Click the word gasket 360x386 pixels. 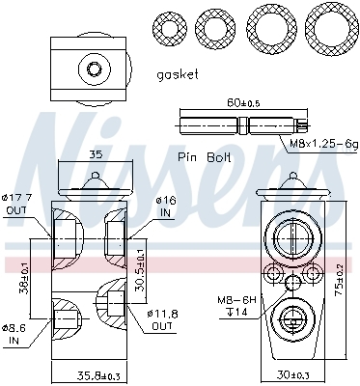(178, 75)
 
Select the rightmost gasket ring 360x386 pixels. (331, 30)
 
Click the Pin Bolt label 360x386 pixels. (205, 157)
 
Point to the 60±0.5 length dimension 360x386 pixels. (243, 102)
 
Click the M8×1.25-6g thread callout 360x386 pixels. (324, 144)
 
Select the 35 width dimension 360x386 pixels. (96, 154)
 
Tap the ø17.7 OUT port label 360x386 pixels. (17, 204)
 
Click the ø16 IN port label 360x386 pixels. (166, 207)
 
